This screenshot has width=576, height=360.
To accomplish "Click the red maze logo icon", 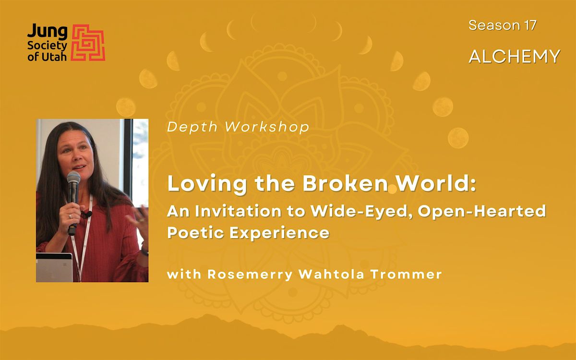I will (88, 43).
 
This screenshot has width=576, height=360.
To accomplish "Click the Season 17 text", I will (502, 25).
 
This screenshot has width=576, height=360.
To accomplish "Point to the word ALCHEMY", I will (515, 56).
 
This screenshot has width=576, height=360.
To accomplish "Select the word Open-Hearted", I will (480, 212).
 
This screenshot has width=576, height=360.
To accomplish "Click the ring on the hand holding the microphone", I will (70, 216).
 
